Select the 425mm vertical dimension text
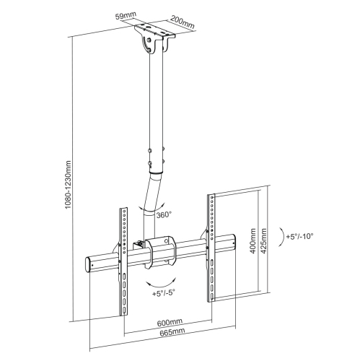(x=264, y=240)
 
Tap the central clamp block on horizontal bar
(x=162, y=253)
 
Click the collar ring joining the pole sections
(x=156, y=173)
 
